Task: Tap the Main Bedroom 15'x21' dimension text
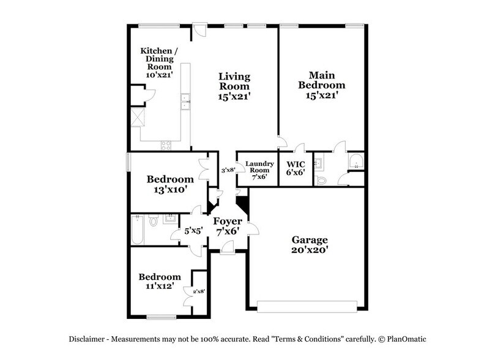tap(321, 96)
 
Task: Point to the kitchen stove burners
tap(166, 144)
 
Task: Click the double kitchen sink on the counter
tap(184, 102)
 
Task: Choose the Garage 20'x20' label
tap(309, 245)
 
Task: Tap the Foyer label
tap(228, 222)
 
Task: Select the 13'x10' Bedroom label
tap(170, 184)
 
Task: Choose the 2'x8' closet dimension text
tap(198, 291)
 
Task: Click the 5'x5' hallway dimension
tap(193, 232)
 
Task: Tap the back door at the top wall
tap(198, 29)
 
